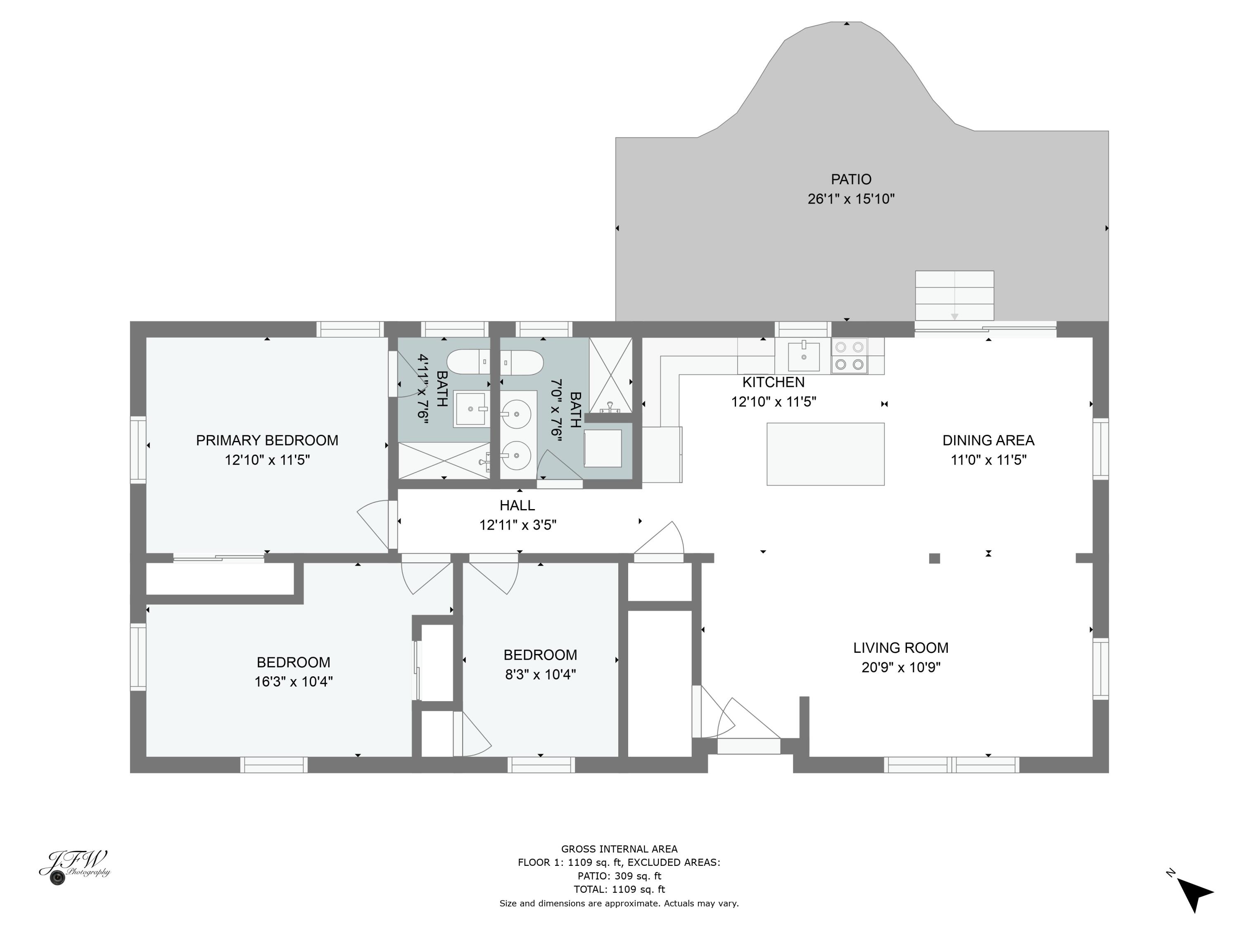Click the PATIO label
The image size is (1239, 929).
click(850, 179)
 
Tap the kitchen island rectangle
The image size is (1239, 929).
click(825, 454)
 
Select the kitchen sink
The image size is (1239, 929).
click(803, 356)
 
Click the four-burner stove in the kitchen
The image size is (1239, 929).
click(849, 356)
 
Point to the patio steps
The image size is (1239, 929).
click(954, 296)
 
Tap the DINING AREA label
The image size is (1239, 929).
click(987, 440)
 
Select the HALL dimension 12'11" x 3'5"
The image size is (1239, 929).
click(517, 525)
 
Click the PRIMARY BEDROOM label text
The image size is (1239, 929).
click(267, 440)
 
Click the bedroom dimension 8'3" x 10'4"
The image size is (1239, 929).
click(540, 674)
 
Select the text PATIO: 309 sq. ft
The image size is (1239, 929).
click(619, 876)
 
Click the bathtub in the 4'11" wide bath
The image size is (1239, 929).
click(468, 362)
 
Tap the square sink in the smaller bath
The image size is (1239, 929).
click(470, 409)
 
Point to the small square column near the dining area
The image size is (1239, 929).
click(934, 558)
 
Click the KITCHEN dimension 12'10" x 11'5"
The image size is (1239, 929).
click(773, 401)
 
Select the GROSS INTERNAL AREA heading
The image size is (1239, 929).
click(619, 849)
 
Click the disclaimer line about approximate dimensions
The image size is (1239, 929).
click(619, 903)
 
